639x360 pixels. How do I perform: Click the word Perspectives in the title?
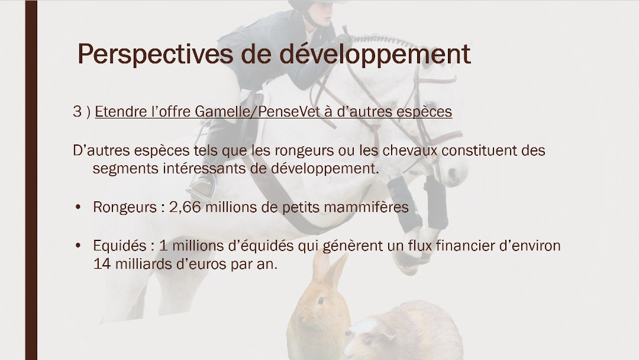[x=156, y=54]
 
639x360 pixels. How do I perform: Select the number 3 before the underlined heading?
[x=78, y=111]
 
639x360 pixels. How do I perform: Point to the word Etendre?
[x=121, y=111]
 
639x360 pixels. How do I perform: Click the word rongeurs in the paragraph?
[x=304, y=151]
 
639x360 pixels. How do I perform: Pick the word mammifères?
[x=366, y=207]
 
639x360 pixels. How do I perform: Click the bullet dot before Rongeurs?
[x=78, y=207]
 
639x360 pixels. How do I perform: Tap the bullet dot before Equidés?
[x=78, y=246]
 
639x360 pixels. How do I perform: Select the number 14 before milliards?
[x=102, y=264]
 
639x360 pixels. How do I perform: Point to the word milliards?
[x=143, y=264]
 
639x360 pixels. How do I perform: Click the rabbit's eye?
[x=321, y=301]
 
